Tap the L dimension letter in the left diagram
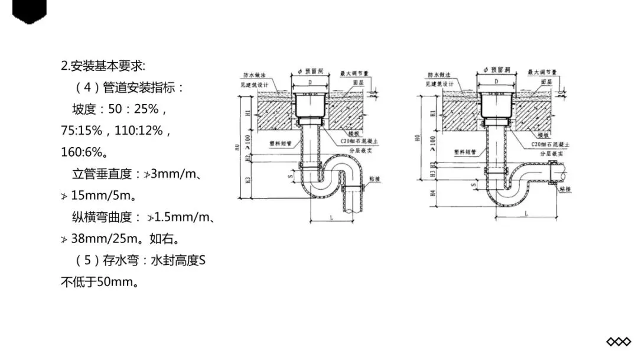[332, 218]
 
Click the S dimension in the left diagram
[290, 176]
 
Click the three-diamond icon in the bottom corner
[619, 342]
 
